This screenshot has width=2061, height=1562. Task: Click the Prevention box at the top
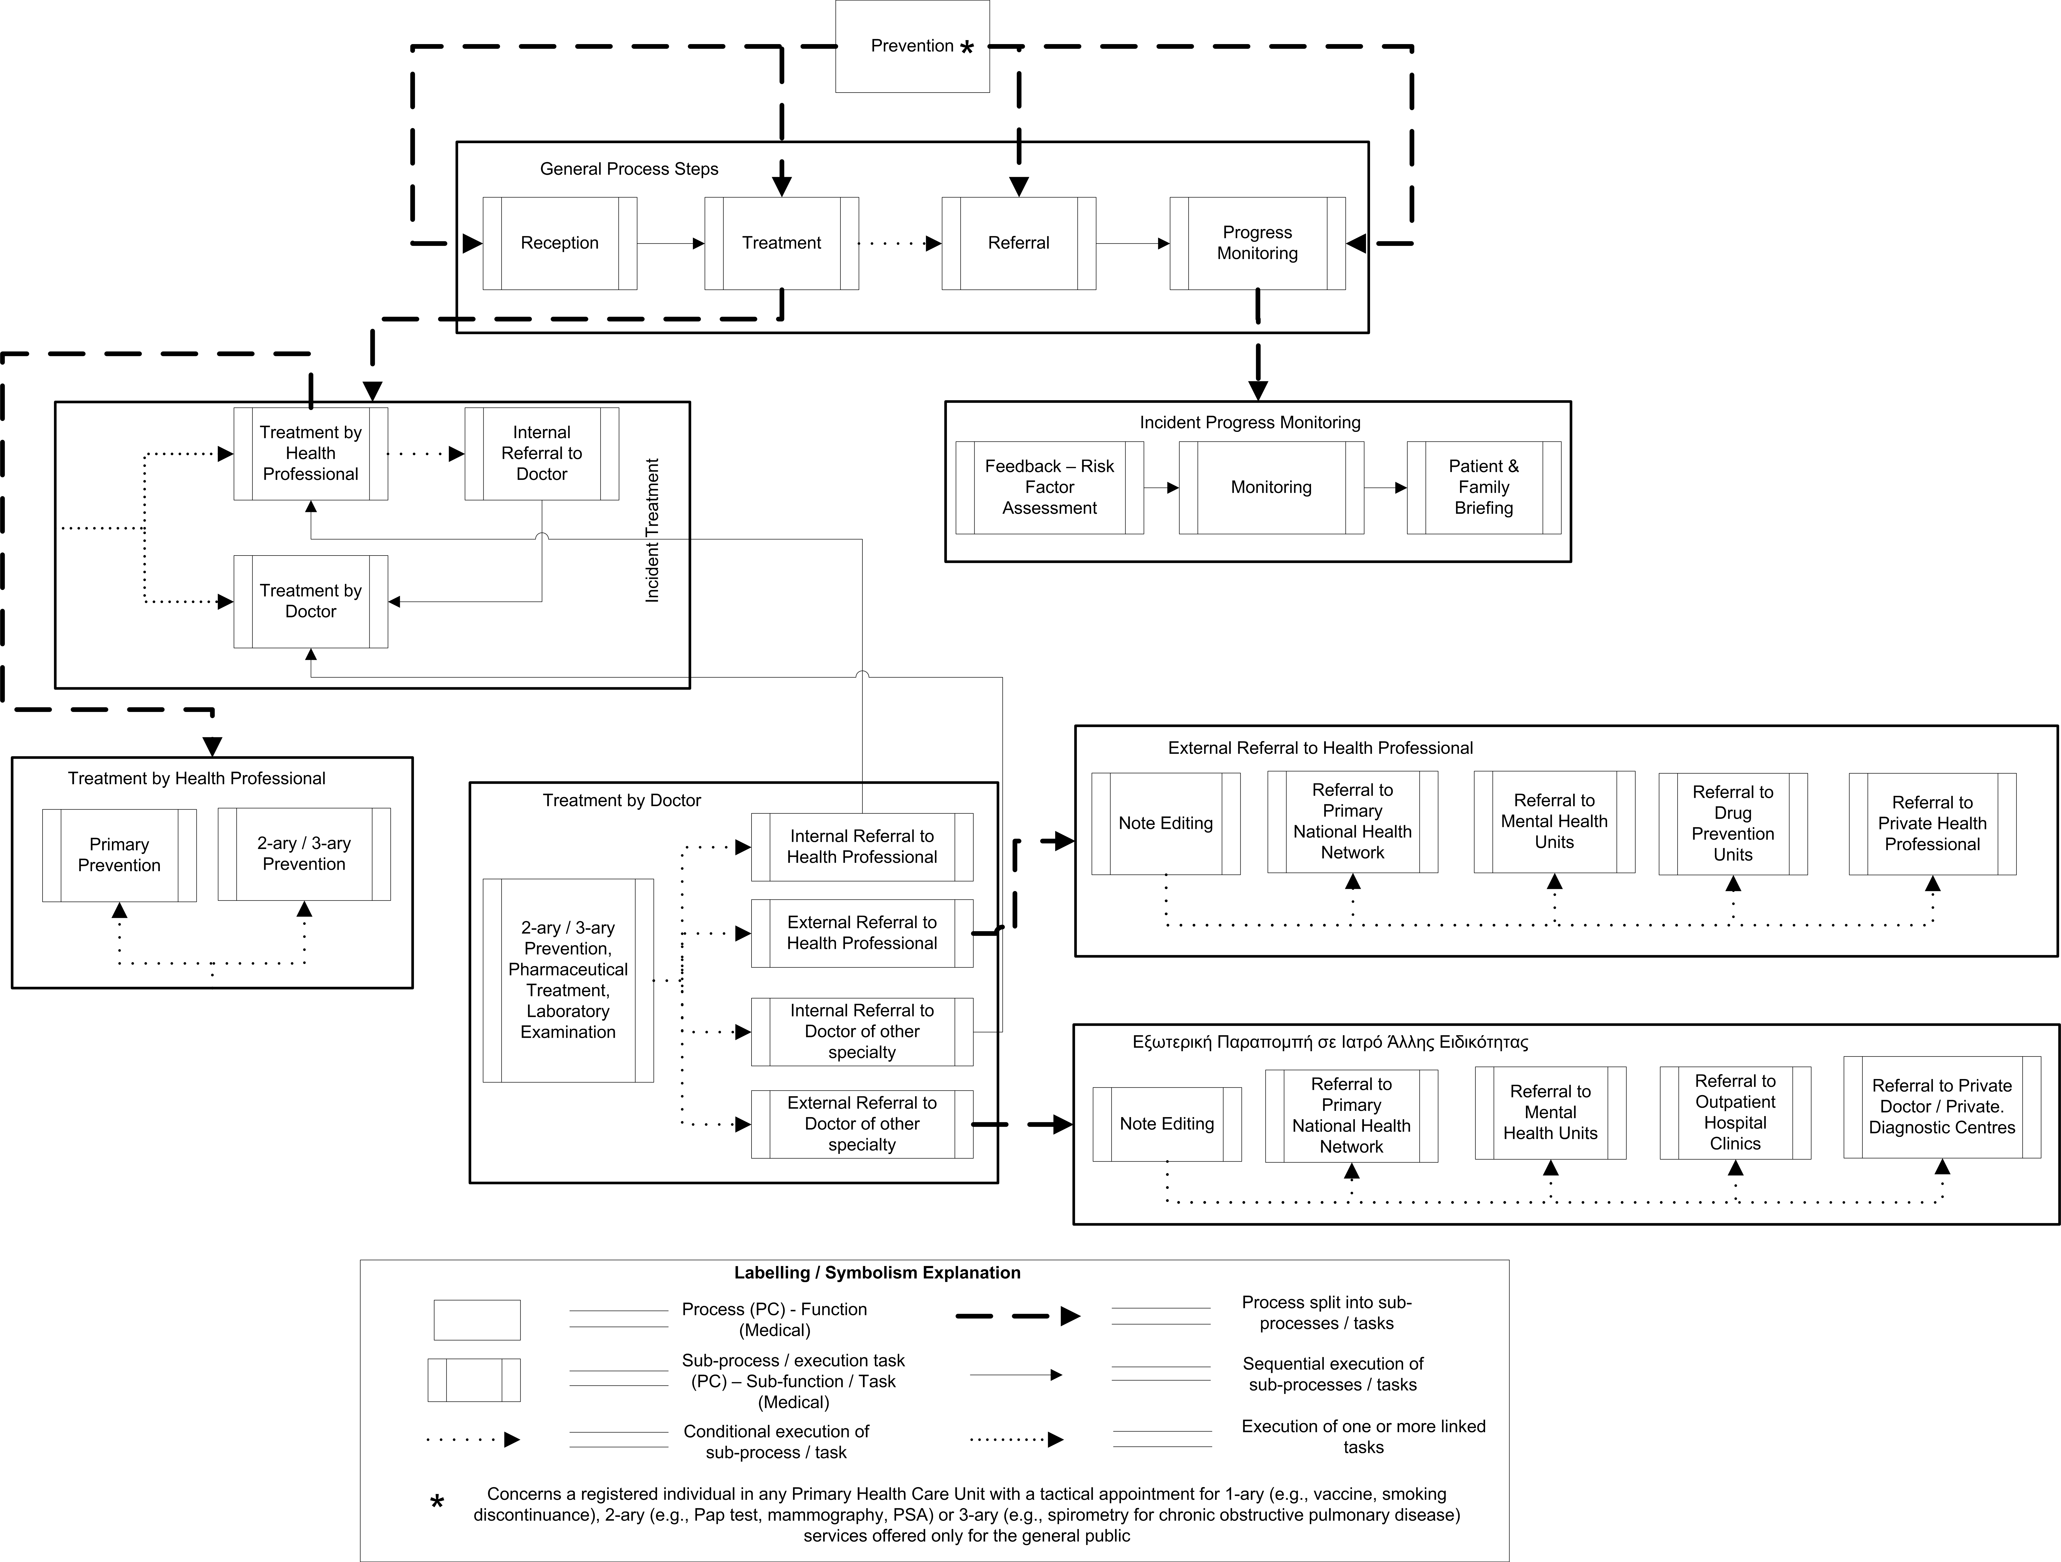tap(912, 47)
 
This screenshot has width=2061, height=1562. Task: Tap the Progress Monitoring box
tap(1258, 243)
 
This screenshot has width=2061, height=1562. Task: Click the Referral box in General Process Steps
tap(1018, 243)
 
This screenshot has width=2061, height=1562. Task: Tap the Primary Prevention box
tap(119, 855)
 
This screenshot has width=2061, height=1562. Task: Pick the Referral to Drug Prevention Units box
tap(1733, 823)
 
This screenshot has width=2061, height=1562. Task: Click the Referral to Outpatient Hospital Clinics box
tap(1735, 1113)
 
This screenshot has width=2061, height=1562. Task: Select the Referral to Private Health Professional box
tap(1932, 823)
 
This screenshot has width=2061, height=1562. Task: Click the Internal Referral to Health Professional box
tap(862, 847)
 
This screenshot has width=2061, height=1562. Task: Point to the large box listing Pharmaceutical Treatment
tap(568, 980)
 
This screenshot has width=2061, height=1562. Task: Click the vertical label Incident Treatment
tap(652, 530)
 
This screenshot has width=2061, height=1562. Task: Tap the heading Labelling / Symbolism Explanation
tap(877, 1272)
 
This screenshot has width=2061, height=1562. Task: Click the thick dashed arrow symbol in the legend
tap(1017, 1316)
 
